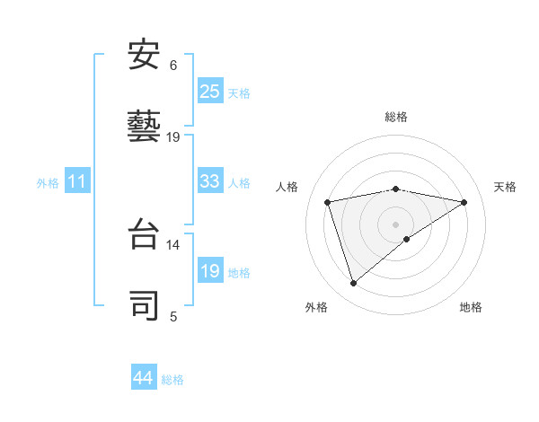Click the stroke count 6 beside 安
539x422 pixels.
[x=173, y=65]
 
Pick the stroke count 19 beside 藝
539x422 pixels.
[x=173, y=136]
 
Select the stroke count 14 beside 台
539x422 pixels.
[x=173, y=244]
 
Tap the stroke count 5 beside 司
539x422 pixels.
[x=173, y=315]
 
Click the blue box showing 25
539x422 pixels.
[x=210, y=91]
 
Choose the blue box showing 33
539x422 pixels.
[x=210, y=181]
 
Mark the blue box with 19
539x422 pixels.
[x=210, y=271]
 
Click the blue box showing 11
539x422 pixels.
[x=77, y=181]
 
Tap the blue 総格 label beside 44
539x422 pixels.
[x=172, y=380]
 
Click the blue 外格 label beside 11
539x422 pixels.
[x=48, y=183]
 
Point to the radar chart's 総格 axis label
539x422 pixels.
[x=395, y=117]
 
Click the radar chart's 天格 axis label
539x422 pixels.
[x=505, y=187]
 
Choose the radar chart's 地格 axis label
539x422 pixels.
[x=471, y=307]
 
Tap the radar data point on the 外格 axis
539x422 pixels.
[x=353, y=284]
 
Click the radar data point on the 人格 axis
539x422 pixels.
[x=328, y=202]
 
